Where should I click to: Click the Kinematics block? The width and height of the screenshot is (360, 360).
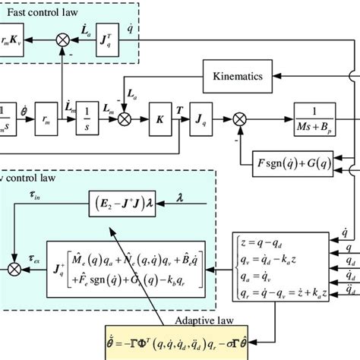[237, 76]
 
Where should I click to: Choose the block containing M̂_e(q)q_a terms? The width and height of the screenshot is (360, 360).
[126, 267]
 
